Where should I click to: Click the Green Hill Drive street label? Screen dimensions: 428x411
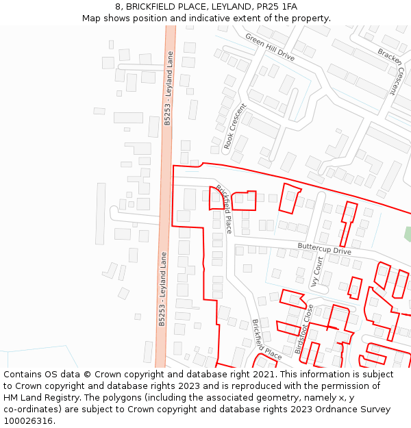point(270,47)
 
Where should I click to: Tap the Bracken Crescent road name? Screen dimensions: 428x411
point(391,71)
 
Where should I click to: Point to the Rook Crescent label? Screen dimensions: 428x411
point(234,124)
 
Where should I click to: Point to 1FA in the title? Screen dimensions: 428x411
point(290,6)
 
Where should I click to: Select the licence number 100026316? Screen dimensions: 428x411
point(28,421)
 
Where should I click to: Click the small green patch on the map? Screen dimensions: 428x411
point(408,234)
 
